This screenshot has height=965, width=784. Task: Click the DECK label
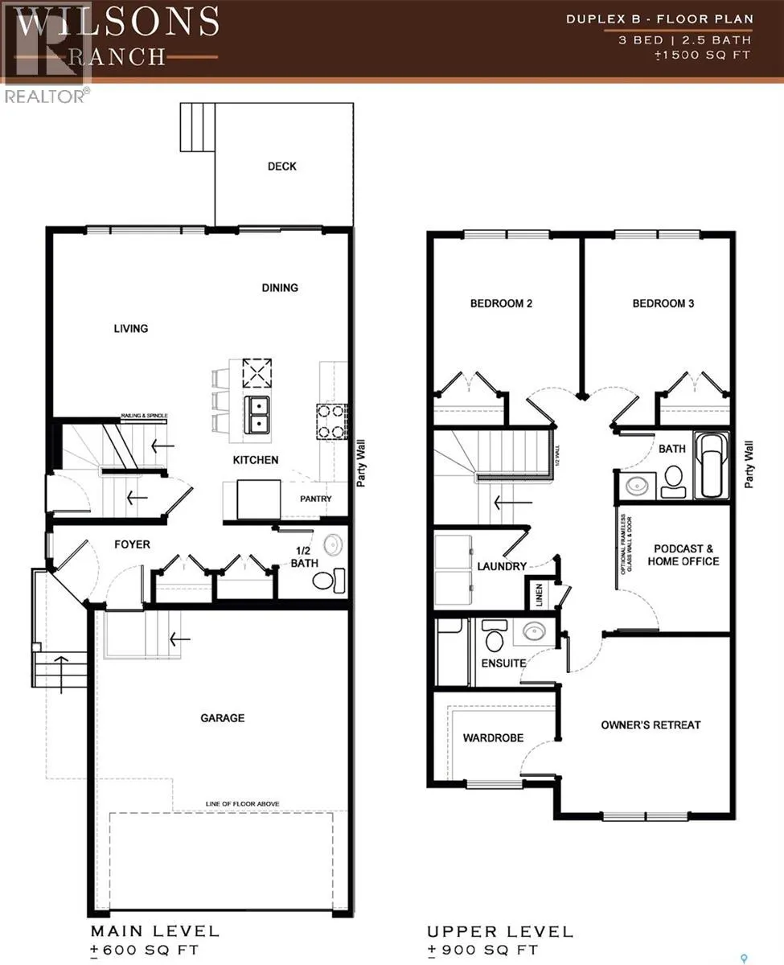[281, 166]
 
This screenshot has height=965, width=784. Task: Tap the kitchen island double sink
[259, 413]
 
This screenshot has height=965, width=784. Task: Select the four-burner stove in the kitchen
[330, 421]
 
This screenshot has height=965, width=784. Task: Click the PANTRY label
[316, 499]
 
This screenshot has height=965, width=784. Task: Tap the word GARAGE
[223, 718]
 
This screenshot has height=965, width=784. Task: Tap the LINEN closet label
[540, 596]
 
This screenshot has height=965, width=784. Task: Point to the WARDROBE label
[493, 737]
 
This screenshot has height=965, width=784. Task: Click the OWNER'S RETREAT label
[651, 725]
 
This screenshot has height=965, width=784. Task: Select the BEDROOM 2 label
[501, 304]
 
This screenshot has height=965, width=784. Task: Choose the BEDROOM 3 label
[663, 304]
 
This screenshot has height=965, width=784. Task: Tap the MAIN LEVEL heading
[154, 931]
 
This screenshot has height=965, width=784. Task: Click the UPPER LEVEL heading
[500, 931]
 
